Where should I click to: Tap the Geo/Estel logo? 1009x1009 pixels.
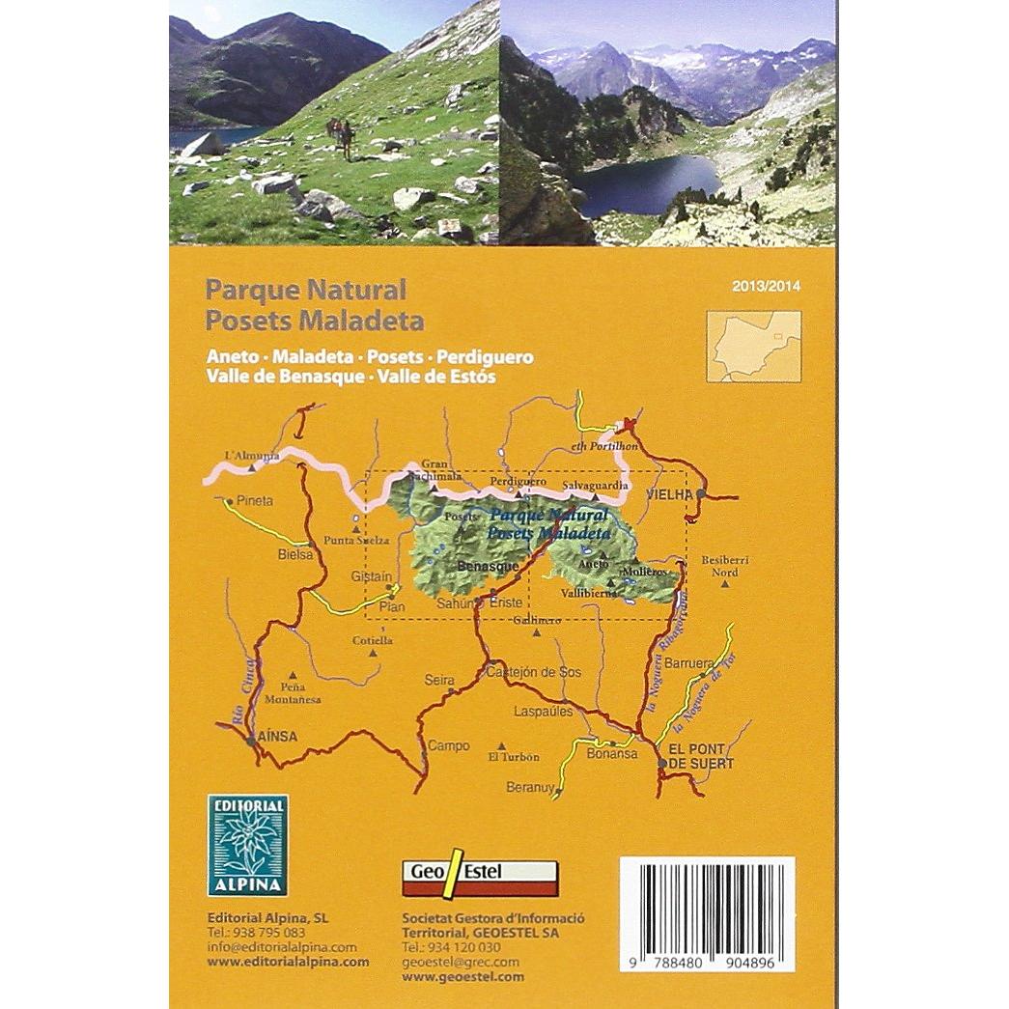[479, 874]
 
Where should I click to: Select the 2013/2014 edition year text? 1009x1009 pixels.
[767, 286]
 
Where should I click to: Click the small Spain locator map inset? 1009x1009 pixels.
[753, 346]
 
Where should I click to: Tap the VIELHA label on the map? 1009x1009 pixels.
[669, 494]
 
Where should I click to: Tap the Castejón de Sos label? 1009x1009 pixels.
[533, 672]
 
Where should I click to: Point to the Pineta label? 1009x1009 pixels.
[256, 501]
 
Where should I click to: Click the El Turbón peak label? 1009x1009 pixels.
[514, 757]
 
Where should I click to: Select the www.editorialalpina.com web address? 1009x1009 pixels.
[288, 962]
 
